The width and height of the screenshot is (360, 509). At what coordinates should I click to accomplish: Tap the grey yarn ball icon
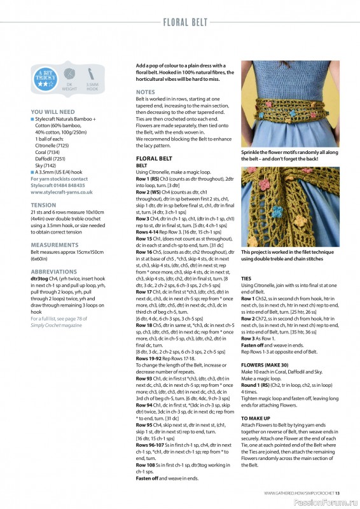click(71, 74)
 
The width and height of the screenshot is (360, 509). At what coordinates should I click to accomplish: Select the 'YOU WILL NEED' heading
click(52, 111)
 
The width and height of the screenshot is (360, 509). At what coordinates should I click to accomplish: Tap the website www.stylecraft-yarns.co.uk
click(62, 192)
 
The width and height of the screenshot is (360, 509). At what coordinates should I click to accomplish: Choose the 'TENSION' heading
click(43, 205)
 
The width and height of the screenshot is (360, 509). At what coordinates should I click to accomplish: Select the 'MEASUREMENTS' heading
click(55, 244)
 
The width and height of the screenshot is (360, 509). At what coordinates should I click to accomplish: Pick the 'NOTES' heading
click(145, 92)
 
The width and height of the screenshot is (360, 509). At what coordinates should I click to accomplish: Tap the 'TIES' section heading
click(246, 279)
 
